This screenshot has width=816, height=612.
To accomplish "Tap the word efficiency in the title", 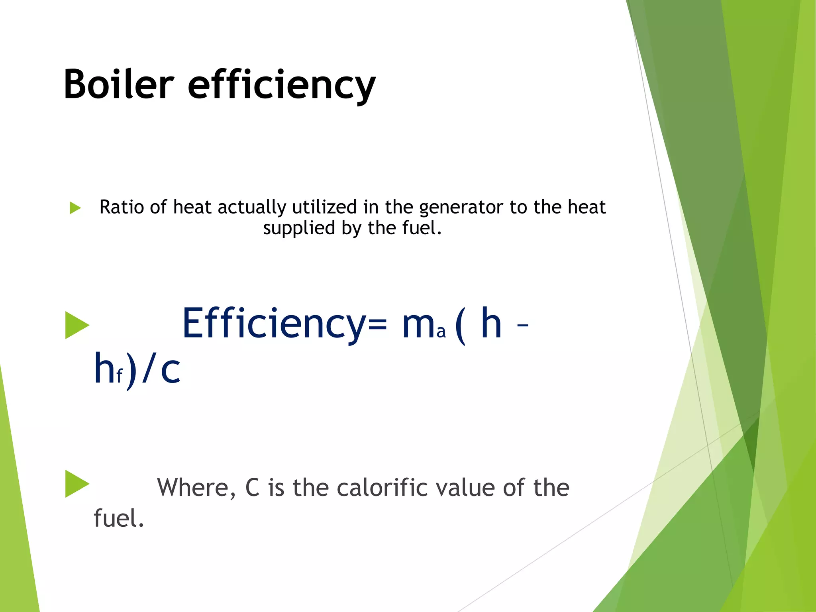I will (281, 85).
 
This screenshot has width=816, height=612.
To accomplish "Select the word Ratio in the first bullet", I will (122, 207).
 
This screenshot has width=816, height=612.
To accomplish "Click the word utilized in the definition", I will (324, 207).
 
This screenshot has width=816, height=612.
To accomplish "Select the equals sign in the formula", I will (377, 324).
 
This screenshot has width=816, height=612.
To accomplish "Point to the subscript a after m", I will (441, 332).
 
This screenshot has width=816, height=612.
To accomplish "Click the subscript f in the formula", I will (119, 376).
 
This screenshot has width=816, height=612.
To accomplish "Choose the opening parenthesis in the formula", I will (460, 325).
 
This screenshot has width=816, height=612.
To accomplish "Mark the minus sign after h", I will (522, 325).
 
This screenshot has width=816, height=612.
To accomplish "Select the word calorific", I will (383, 487).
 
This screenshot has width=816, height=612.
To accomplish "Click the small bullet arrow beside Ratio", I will (75, 208).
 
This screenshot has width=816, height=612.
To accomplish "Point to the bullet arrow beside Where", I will (76, 484).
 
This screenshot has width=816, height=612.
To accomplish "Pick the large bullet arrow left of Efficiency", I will (76, 325).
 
